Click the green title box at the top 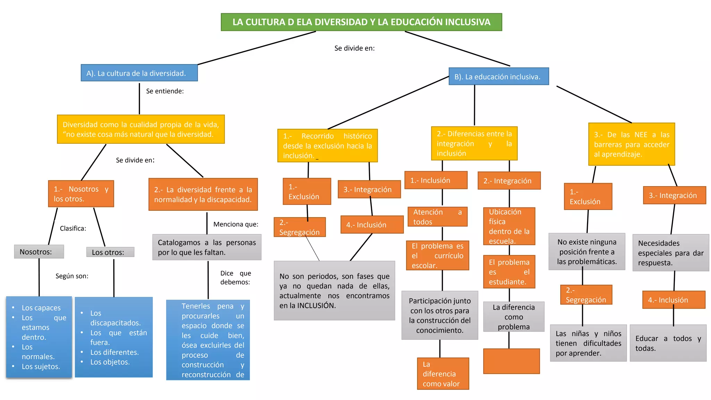(x=361, y=22)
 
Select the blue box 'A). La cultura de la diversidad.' (x=139, y=73)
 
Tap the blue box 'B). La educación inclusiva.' (x=499, y=76)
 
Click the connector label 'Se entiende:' (x=165, y=91)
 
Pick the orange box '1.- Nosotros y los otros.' (x=81, y=194)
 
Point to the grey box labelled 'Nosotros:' (x=39, y=252)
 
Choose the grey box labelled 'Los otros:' (x=110, y=252)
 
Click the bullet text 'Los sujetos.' (x=41, y=366)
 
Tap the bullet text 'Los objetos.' (x=110, y=362)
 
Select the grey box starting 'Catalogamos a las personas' (x=207, y=247)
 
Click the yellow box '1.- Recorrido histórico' (x=327, y=145)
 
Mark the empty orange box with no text (x=511, y=361)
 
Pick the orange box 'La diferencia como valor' (x=443, y=374)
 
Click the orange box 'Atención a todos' (x=437, y=217)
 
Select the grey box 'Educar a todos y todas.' (x=668, y=343)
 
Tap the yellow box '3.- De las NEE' (x=631, y=144)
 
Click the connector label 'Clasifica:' (x=73, y=228)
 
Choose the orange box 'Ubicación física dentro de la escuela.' (x=509, y=226)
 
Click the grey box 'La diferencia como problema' (x=513, y=317)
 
